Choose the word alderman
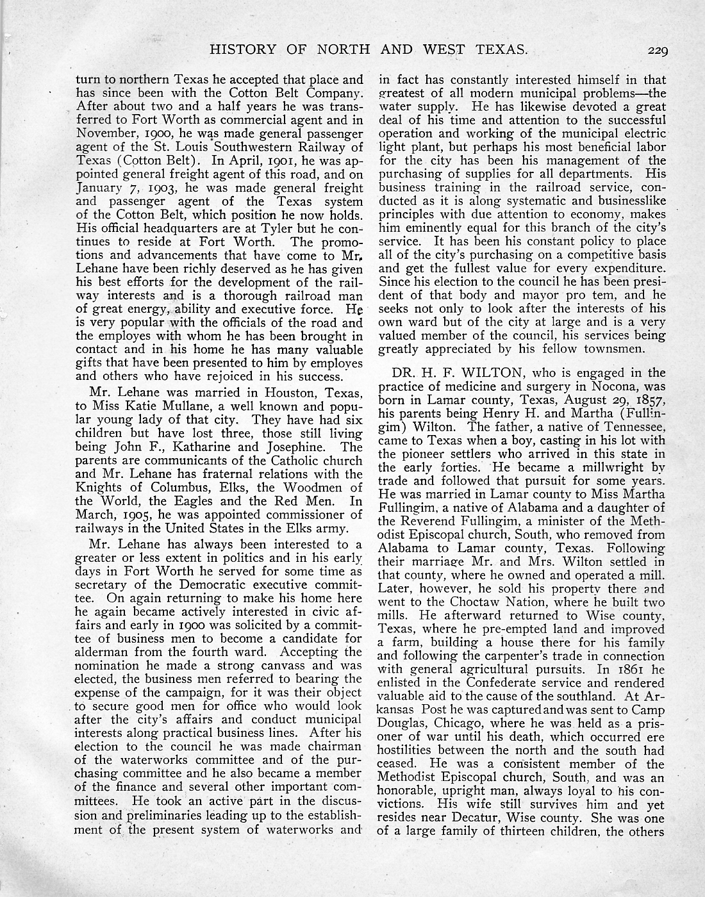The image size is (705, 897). click(x=105, y=652)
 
